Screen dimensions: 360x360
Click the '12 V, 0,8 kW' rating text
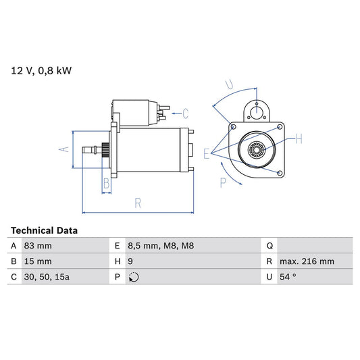tap(41, 70)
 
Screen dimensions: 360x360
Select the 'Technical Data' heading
tap(44, 230)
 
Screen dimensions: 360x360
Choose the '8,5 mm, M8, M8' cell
tap(161, 246)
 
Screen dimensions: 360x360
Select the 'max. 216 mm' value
tap(308, 261)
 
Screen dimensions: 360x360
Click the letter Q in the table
tap(270, 246)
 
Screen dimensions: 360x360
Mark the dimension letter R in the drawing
tap(137, 202)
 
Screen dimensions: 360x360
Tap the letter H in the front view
tap(299, 139)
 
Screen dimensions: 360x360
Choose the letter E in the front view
tap(207, 154)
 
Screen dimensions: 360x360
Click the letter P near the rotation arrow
tap(223, 181)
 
